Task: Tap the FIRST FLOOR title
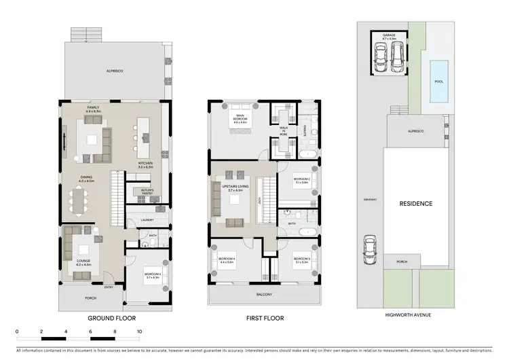(x=265, y=317)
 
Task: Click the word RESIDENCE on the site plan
(x=416, y=203)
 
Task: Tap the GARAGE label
(x=389, y=35)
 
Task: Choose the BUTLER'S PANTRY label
(x=143, y=192)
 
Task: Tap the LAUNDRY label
(x=147, y=219)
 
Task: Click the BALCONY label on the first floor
(x=264, y=294)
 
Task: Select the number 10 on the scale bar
(x=138, y=332)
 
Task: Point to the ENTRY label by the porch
(x=109, y=287)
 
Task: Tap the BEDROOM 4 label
(x=226, y=259)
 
